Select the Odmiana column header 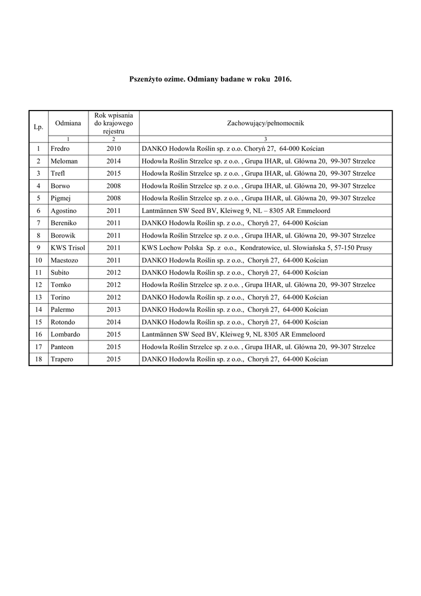click(x=68, y=123)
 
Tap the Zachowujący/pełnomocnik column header click(x=265, y=123)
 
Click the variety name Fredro click(x=60, y=149)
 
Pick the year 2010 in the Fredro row click(x=113, y=149)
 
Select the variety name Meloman click(x=64, y=161)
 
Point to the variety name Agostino click(x=64, y=211)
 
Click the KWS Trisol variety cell click(x=67, y=248)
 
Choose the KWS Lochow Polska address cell click(x=256, y=248)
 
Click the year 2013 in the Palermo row click(x=113, y=310)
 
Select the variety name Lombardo click(x=65, y=335)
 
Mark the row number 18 click(x=38, y=359)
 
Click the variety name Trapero click(x=62, y=359)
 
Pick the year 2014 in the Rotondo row click(x=113, y=322)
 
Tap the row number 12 click(x=38, y=285)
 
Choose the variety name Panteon click(x=63, y=347)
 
